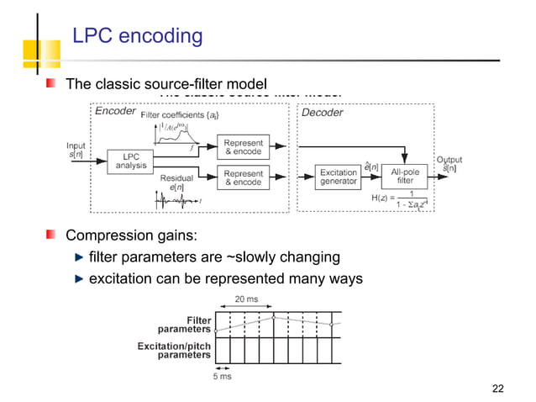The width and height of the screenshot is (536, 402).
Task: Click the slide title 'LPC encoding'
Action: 138,36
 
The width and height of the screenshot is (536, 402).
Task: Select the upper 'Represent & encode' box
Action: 242,147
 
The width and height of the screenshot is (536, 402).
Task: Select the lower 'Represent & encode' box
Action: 242,177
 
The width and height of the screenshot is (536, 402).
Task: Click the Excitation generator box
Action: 339,177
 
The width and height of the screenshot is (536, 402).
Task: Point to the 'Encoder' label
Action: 115,112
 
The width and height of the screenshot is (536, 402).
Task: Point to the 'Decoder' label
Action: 322,113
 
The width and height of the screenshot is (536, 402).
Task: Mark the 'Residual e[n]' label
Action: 177,182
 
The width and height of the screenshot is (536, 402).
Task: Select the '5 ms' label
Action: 222,376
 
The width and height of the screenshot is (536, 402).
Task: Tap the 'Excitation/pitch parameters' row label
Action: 174,350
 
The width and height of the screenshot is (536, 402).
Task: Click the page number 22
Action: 497,388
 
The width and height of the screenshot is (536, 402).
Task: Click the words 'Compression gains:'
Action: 120,235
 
